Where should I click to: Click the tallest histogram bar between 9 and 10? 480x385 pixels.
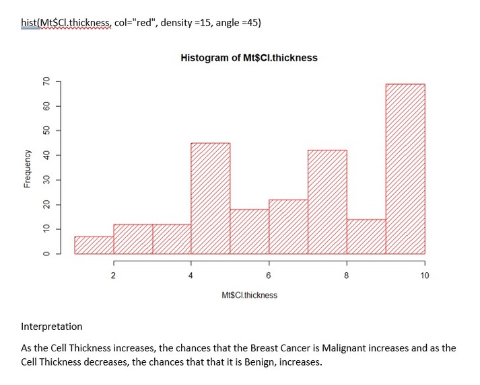(x=405, y=169)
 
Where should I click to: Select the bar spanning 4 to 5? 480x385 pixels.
(x=210, y=199)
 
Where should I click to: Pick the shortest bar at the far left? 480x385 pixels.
(x=94, y=245)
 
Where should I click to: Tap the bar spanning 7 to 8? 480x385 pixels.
(x=327, y=202)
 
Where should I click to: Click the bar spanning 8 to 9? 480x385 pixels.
(x=366, y=237)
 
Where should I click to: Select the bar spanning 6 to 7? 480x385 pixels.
(x=288, y=227)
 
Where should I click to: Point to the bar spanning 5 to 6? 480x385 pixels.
(x=249, y=232)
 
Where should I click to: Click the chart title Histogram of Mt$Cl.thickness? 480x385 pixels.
(x=249, y=58)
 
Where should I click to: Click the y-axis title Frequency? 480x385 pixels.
(x=26, y=168)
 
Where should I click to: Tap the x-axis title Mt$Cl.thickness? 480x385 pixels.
(x=249, y=295)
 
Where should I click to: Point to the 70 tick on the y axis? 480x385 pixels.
(x=46, y=81)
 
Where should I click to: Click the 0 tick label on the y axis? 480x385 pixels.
(x=46, y=254)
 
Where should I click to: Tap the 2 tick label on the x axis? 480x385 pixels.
(x=113, y=275)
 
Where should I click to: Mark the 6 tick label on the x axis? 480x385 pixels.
(x=269, y=275)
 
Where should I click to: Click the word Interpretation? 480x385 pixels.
(x=52, y=327)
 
